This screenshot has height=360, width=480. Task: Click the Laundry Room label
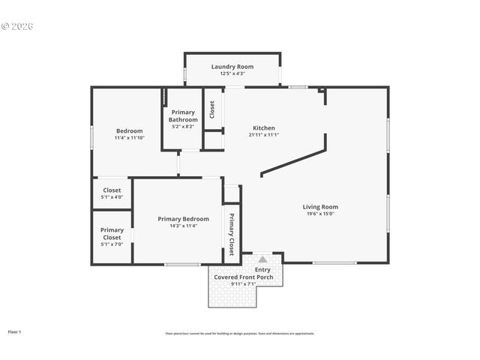(x=232, y=67)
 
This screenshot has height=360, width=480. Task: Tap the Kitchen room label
(x=263, y=127)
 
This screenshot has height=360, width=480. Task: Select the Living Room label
(x=320, y=207)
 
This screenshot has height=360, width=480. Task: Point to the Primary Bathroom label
(x=183, y=116)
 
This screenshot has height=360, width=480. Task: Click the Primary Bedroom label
(x=178, y=218)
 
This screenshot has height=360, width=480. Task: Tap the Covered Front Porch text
(x=248, y=277)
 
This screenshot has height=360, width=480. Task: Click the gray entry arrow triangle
(x=262, y=259)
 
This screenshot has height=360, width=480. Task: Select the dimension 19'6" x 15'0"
(x=320, y=214)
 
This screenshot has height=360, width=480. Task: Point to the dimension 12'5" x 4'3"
(x=232, y=73)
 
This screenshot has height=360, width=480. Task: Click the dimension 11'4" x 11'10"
(x=129, y=138)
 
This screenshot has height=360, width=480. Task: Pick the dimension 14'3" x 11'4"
(x=178, y=225)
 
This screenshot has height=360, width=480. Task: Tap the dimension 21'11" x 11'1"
(x=263, y=135)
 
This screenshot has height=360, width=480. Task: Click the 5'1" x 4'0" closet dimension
(x=112, y=197)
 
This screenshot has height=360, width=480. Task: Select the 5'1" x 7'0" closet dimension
(x=112, y=244)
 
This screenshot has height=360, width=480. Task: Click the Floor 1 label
(x=15, y=331)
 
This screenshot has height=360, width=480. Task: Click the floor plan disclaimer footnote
(x=240, y=334)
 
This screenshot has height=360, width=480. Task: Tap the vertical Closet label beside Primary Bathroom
(x=213, y=109)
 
